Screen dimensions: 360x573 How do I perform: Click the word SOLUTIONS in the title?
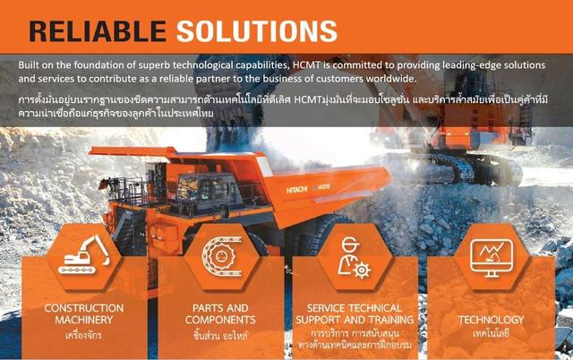[255, 30]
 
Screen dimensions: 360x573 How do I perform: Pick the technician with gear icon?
[355, 253]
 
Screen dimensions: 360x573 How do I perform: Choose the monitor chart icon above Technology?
[490, 253]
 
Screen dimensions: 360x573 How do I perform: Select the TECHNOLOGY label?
[491, 319]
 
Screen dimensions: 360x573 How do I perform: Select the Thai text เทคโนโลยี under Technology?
[491, 333]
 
